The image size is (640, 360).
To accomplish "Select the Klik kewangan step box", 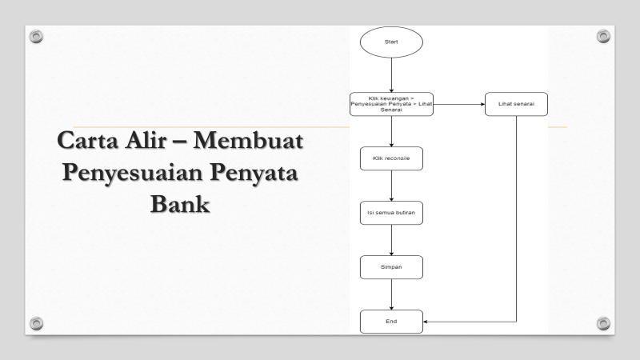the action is (391, 104).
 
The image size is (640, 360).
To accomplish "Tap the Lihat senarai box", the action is (516, 104).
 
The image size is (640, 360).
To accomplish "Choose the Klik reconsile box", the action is (391, 158).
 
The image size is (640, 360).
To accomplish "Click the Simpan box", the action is (391, 267).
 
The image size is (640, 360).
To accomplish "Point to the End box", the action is (391, 322).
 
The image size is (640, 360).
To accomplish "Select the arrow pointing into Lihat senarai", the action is (460, 104).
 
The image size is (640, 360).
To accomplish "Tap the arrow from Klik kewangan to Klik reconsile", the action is (391, 131).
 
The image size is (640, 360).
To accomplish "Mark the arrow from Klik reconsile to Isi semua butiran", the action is (391, 186).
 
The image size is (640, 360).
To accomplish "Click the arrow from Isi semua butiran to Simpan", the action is (391, 240).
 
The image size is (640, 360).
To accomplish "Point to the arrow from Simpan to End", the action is (391, 294).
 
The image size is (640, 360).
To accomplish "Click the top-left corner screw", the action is (34, 36).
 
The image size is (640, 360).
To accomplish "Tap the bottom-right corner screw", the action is (604, 322).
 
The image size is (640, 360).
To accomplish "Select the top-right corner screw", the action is (604, 36).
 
